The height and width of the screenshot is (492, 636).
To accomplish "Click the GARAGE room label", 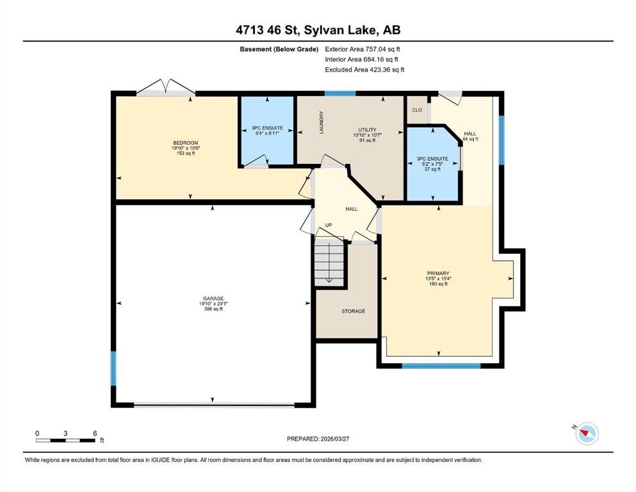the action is click(x=213, y=299).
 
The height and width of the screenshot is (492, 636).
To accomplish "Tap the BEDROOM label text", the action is click(x=186, y=143).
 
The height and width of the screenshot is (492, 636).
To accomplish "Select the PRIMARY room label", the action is click(x=438, y=274).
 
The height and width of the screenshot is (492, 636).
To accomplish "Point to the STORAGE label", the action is click(x=354, y=311).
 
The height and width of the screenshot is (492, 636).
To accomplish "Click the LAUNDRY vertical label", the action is click(x=322, y=122).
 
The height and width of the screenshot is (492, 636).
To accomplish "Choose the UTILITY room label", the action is click(x=368, y=130).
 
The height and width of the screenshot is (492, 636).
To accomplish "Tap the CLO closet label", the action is click(x=417, y=110).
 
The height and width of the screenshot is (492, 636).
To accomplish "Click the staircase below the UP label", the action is click(x=329, y=264).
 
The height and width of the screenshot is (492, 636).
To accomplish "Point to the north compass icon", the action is click(x=587, y=433).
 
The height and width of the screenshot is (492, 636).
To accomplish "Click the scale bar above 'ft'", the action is click(x=66, y=440).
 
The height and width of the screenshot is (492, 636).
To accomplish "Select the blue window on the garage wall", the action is click(x=113, y=368).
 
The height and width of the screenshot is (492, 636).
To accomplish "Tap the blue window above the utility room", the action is click(x=340, y=94).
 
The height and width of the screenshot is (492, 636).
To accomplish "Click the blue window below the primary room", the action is click(x=441, y=366).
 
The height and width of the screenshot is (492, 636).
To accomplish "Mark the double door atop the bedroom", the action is click(x=166, y=88).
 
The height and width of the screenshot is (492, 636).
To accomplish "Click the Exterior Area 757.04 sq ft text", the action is click(x=363, y=49).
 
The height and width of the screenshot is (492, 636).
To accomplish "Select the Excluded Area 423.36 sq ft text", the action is click(x=364, y=70).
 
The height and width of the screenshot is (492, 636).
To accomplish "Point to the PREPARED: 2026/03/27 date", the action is click(x=318, y=439).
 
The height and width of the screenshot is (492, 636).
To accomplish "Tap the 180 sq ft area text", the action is click(x=438, y=284).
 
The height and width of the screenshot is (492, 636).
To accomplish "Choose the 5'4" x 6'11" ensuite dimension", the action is click(x=267, y=133).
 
